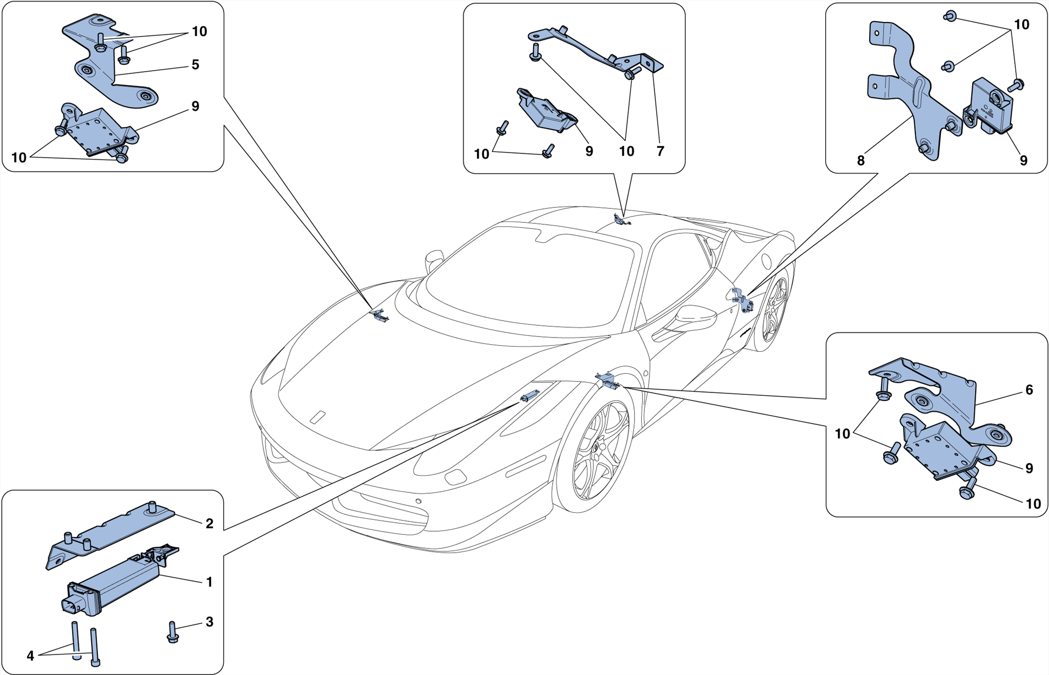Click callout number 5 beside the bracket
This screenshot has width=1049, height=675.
click(x=195, y=65)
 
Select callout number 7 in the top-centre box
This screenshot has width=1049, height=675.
click(x=660, y=151)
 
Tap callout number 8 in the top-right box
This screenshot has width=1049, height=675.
click(x=861, y=161)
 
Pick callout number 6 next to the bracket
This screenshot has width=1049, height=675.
click(x=1029, y=390)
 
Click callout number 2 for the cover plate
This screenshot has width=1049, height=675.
click(x=209, y=523)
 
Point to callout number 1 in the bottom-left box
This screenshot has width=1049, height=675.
click(x=209, y=582)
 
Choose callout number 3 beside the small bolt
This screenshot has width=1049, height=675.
click(x=209, y=622)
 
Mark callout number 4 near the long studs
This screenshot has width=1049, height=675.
click(x=30, y=656)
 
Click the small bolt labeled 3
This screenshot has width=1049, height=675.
click(x=173, y=633)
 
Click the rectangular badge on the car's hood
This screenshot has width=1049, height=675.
click(x=318, y=417)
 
